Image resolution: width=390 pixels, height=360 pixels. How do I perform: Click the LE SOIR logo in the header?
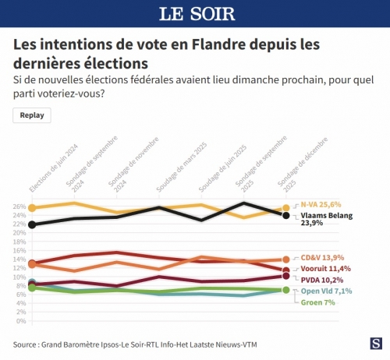[x=194, y=14]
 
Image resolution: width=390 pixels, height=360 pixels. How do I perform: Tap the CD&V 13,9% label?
[x=320, y=258]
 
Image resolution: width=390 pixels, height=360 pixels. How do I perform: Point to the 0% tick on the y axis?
[x=22, y=321]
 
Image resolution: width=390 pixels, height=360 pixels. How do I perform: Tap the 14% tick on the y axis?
[x=20, y=259]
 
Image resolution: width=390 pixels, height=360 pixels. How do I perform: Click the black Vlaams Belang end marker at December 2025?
[x=286, y=215]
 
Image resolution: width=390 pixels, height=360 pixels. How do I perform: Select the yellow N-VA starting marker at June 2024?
[x=31, y=208]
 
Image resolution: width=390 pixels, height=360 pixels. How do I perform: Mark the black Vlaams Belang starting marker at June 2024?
[x=31, y=224]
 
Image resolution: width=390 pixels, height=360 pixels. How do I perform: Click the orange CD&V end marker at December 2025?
[x=286, y=259]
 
